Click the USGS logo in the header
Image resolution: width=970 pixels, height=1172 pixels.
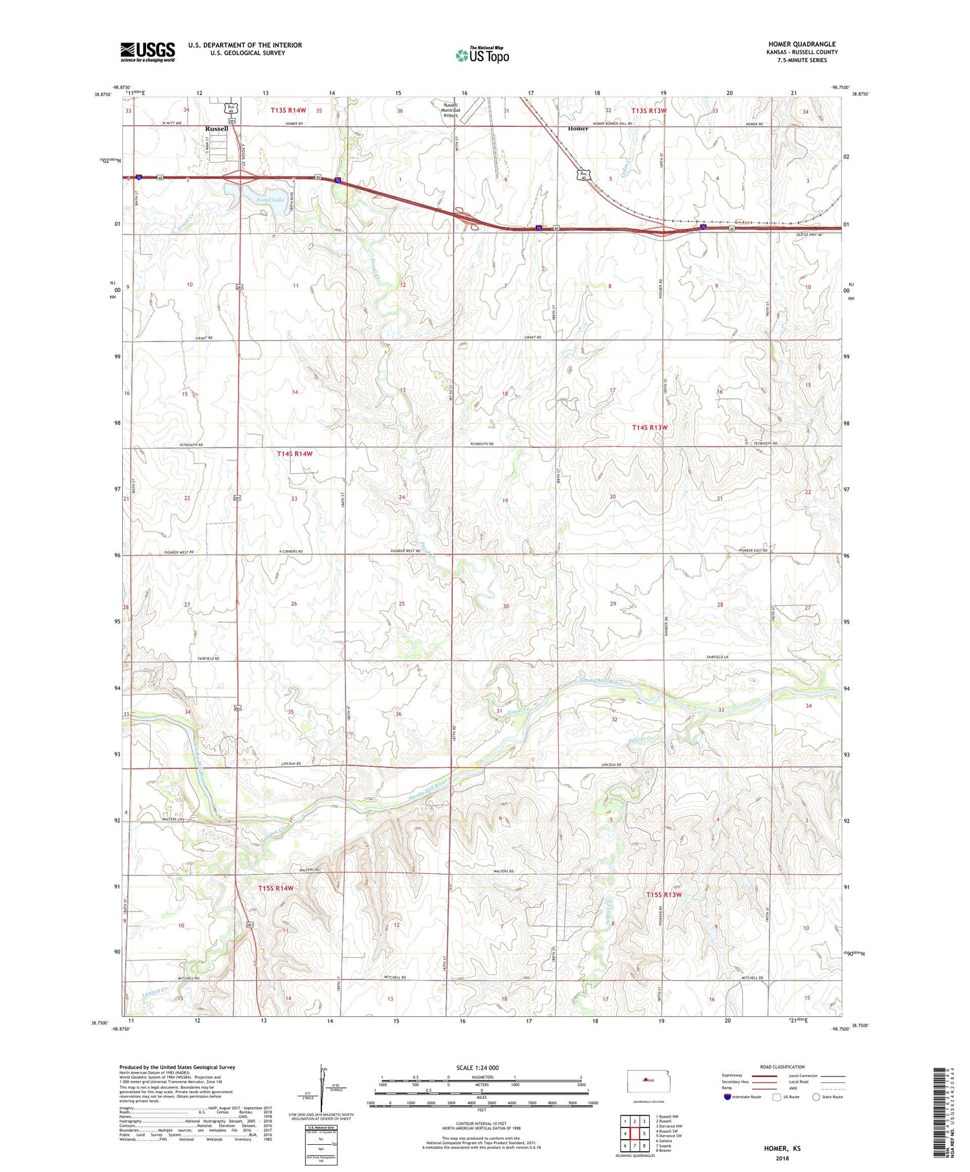coord(147,52)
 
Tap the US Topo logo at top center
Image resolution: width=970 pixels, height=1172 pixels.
coord(482,56)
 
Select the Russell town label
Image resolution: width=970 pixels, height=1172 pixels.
coord(217,129)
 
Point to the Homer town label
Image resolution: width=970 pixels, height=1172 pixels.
coord(578,129)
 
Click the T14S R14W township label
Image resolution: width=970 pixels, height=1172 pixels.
coord(295,454)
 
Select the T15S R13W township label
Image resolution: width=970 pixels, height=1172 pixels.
coord(664,895)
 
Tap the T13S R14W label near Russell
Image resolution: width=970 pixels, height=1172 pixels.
coord(288,111)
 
